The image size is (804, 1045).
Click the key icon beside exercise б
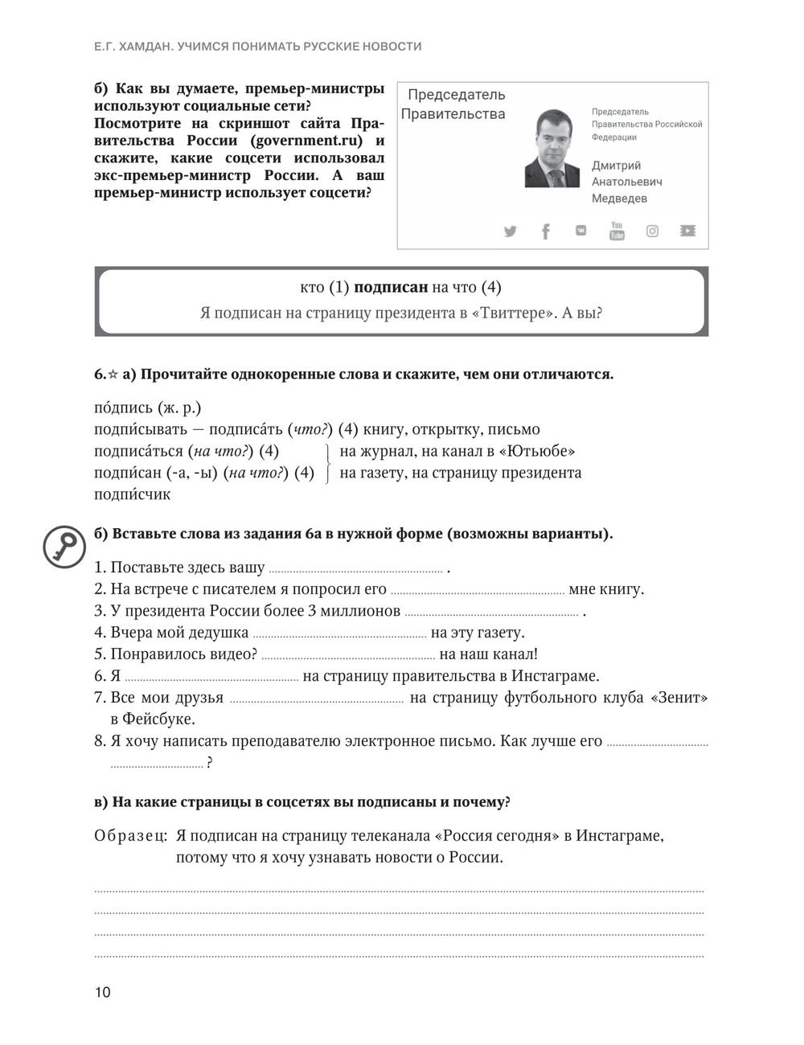click(64, 547)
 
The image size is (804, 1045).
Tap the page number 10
click(103, 992)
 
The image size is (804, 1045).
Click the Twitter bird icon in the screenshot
click(511, 232)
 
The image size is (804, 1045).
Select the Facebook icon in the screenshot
click(546, 232)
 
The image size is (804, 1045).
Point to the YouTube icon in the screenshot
click(617, 231)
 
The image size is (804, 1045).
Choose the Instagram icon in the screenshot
click(652, 232)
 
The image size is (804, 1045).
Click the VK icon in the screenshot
click(581, 231)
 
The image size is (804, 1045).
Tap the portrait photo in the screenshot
click(552, 148)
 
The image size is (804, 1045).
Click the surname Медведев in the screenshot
click(619, 199)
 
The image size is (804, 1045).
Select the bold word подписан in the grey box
click(391, 287)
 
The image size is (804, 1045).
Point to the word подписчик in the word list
click(133, 494)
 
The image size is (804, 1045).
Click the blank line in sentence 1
click(355, 569)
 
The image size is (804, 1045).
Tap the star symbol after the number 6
click(113, 374)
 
